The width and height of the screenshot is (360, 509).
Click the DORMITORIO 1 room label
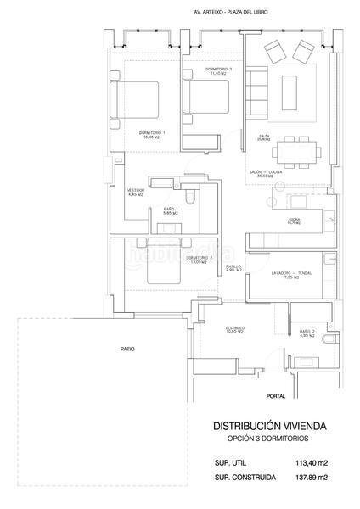(153, 133)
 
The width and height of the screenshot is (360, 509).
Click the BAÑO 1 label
(169, 210)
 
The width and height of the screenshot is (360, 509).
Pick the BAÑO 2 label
(307, 333)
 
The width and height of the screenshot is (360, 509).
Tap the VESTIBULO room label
(235, 328)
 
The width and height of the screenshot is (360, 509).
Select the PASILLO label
(234, 267)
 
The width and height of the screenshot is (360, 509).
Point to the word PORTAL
(276, 396)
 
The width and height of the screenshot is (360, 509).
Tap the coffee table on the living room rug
(289, 86)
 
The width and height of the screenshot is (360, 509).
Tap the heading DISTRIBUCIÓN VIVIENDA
(268, 427)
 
